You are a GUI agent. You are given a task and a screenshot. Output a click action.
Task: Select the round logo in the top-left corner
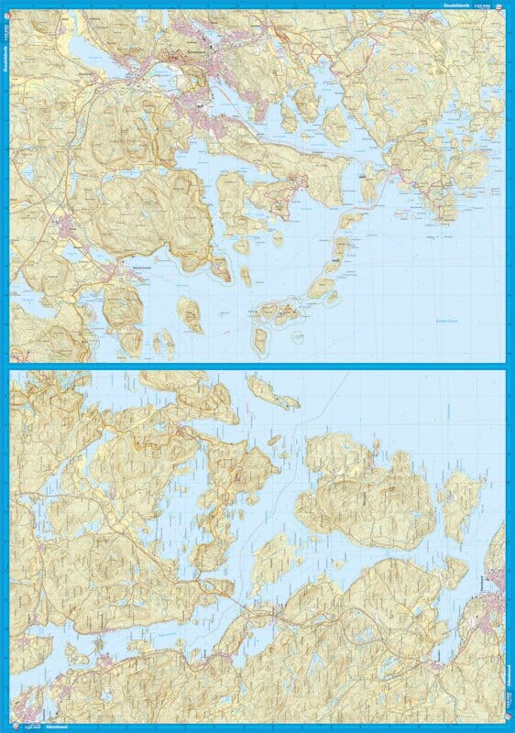point(5,5)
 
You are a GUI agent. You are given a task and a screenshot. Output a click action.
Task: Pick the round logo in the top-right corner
point(509,5)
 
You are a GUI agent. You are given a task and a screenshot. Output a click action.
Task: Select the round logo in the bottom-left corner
point(5,728)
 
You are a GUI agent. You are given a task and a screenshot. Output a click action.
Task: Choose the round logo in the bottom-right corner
point(509,728)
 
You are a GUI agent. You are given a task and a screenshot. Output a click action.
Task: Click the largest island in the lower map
point(367,486)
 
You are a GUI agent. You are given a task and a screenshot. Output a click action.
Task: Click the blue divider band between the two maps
point(257,366)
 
